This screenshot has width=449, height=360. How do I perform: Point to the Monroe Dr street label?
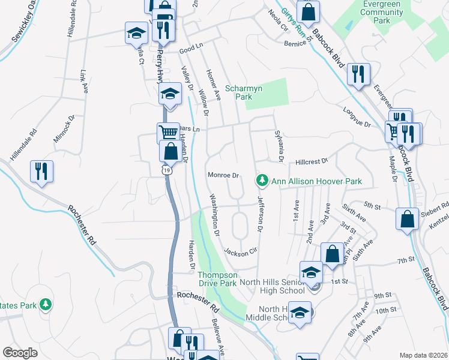pyautogui.click(x=223, y=176)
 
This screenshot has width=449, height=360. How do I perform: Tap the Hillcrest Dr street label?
pyautogui.click(x=311, y=162)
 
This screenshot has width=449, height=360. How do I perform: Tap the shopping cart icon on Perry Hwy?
pyautogui.click(x=168, y=131)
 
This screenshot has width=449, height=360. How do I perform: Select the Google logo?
pyautogui.click(x=20, y=353)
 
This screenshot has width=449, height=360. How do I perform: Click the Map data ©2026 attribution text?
pyautogui.click(x=423, y=355)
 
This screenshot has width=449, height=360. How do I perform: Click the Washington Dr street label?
pyautogui.click(x=214, y=214)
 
